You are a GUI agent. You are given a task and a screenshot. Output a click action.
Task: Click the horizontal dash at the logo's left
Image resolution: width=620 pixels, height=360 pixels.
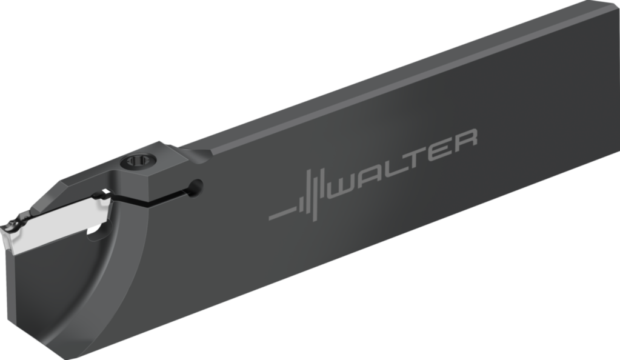click(x=281, y=215)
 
